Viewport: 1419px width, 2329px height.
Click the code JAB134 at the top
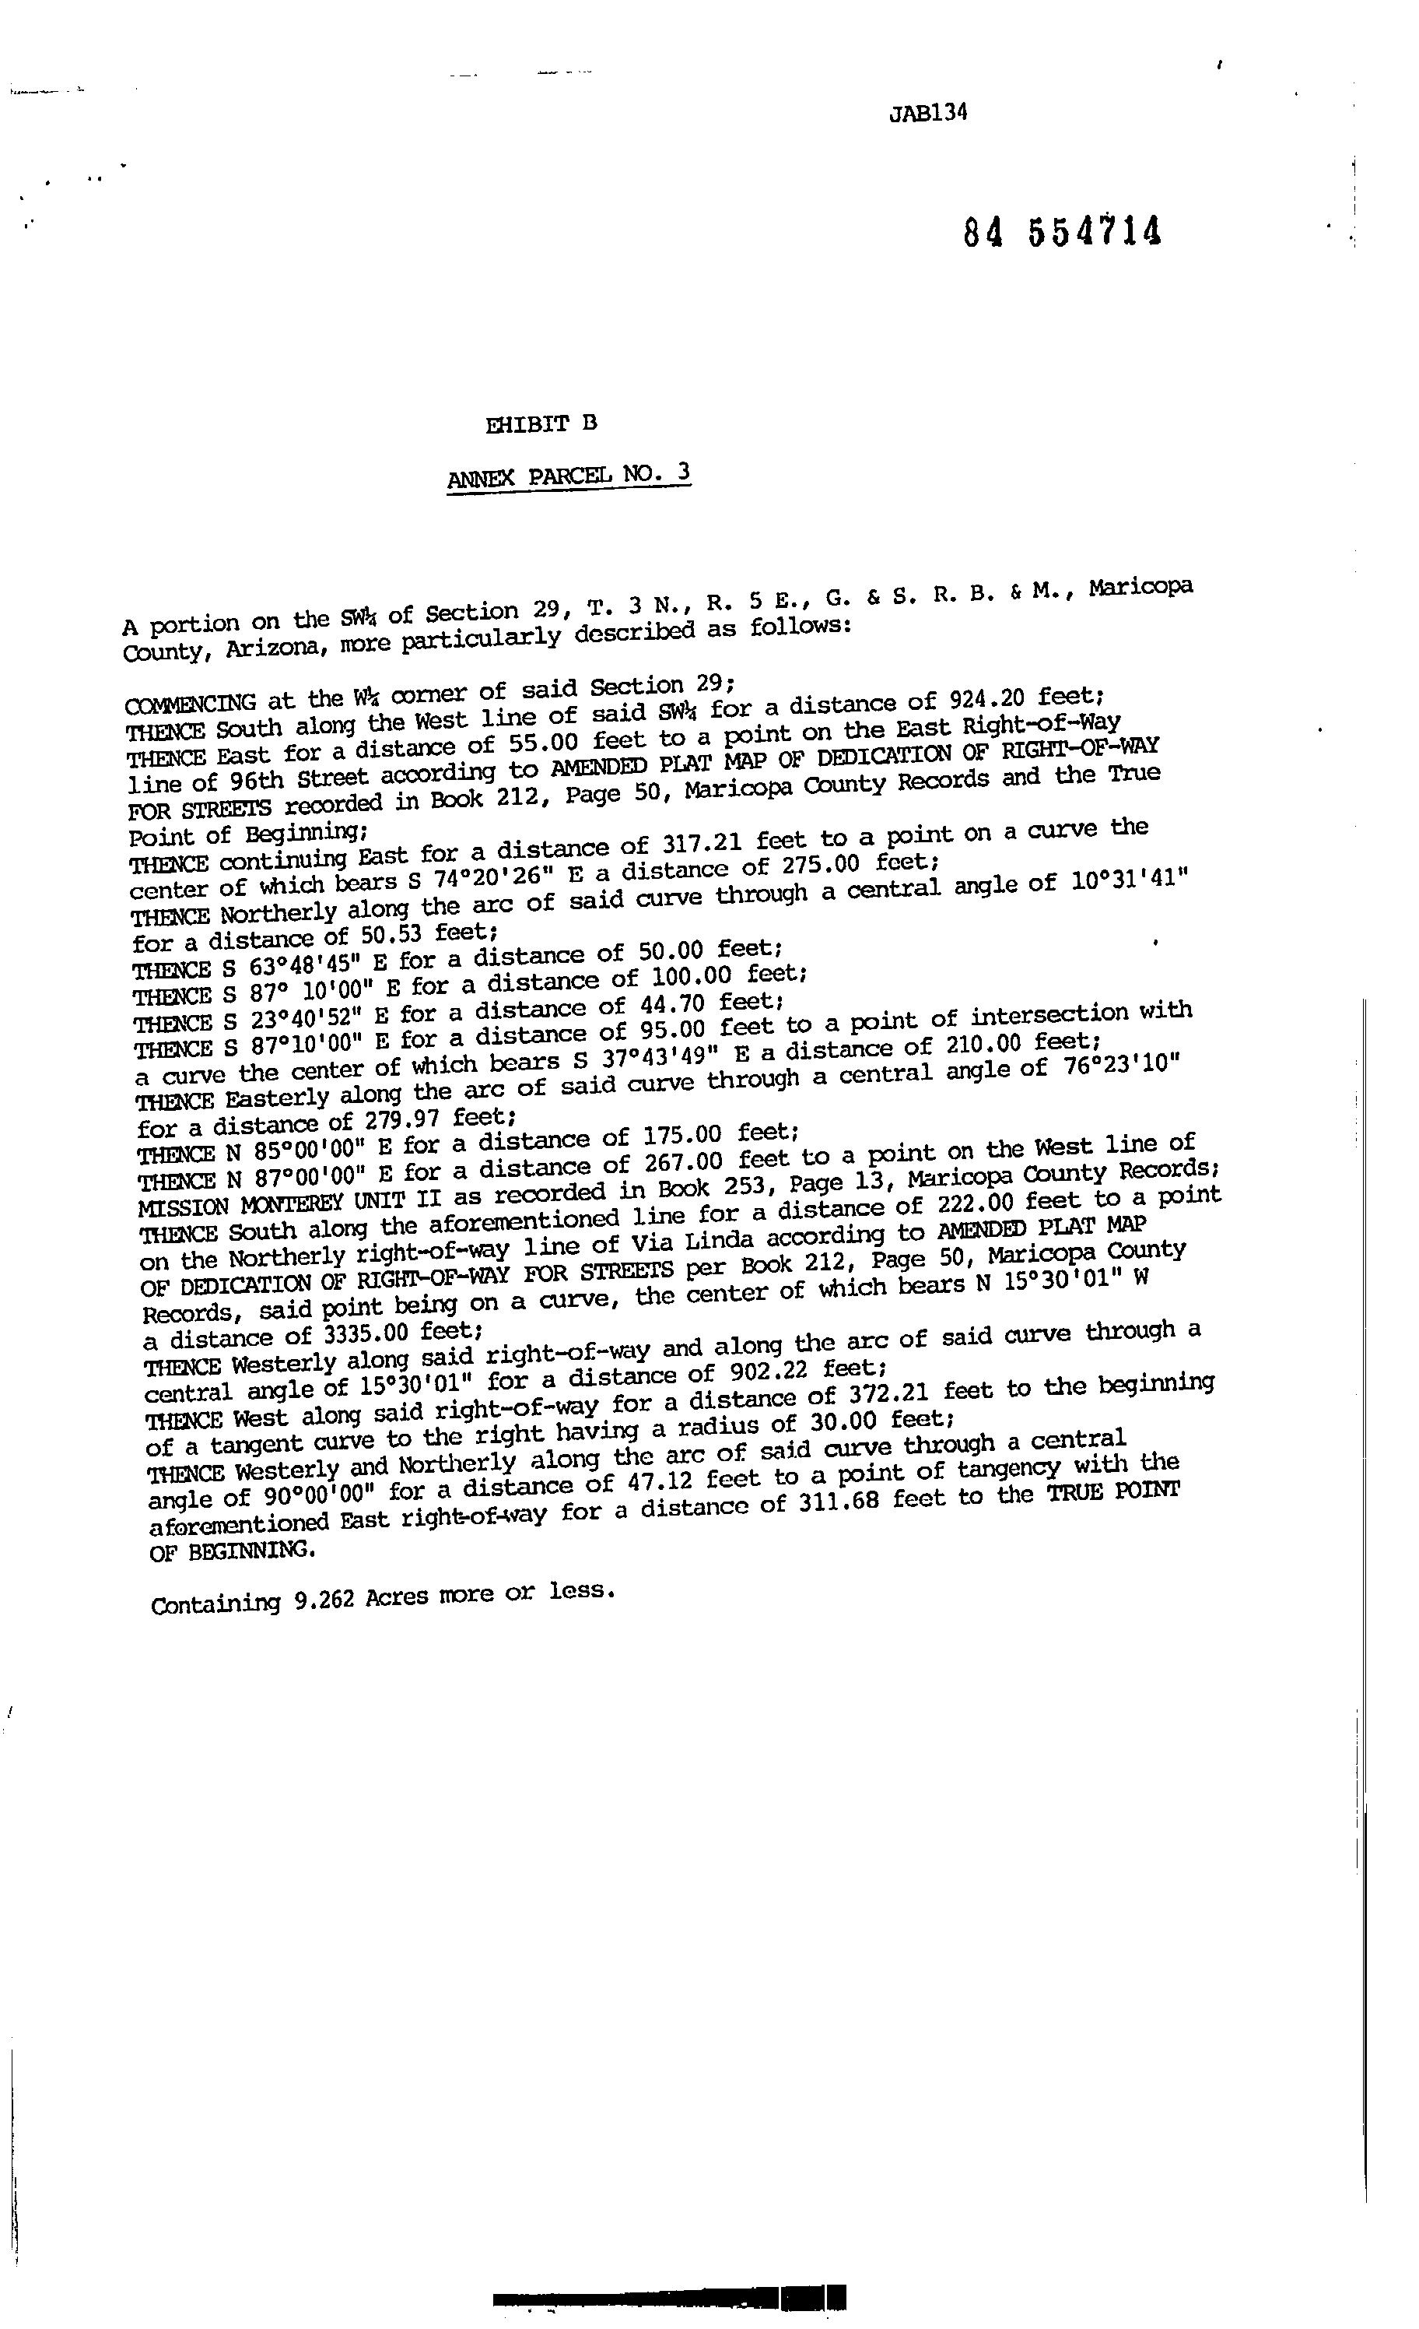[x=928, y=114]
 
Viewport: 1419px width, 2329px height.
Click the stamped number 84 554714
[x=1062, y=233]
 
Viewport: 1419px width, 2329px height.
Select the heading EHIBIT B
[x=541, y=424]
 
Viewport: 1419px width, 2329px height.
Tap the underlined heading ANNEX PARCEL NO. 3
[x=569, y=475]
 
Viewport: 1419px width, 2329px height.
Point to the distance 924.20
[x=983, y=701]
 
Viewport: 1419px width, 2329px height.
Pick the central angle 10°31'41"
[x=1129, y=879]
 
